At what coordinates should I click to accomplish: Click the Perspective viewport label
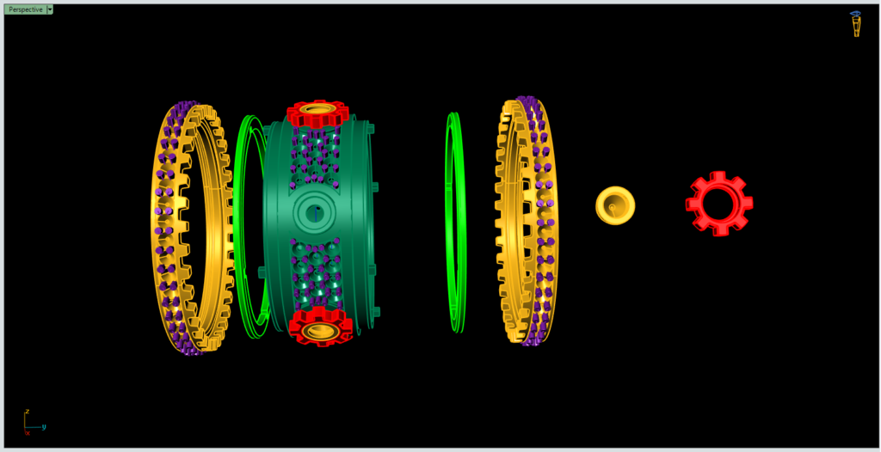click(25, 9)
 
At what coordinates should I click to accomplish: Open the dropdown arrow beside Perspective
click(50, 9)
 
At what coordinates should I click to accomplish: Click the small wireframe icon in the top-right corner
click(856, 24)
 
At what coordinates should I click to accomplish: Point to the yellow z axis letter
click(28, 412)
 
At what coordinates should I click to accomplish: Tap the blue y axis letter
click(44, 426)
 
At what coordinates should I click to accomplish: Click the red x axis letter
click(28, 433)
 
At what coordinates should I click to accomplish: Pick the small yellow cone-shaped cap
click(615, 205)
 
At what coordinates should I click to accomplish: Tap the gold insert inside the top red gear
click(318, 111)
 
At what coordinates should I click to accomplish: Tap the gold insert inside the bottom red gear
click(320, 330)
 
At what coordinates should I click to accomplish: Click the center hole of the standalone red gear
click(720, 205)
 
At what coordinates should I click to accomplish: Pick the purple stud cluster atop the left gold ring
click(182, 113)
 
